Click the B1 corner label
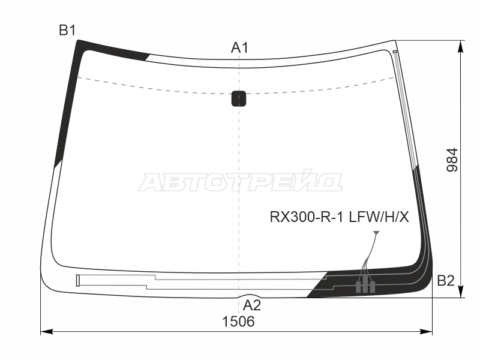click(67, 31)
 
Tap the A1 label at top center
click(239, 47)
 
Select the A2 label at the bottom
click(251, 305)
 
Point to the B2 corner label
click(446, 280)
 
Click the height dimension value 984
click(452, 160)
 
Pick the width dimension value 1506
click(238, 322)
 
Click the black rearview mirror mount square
click(239, 98)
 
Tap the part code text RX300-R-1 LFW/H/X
click(339, 217)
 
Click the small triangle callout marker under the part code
click(376, 233)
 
